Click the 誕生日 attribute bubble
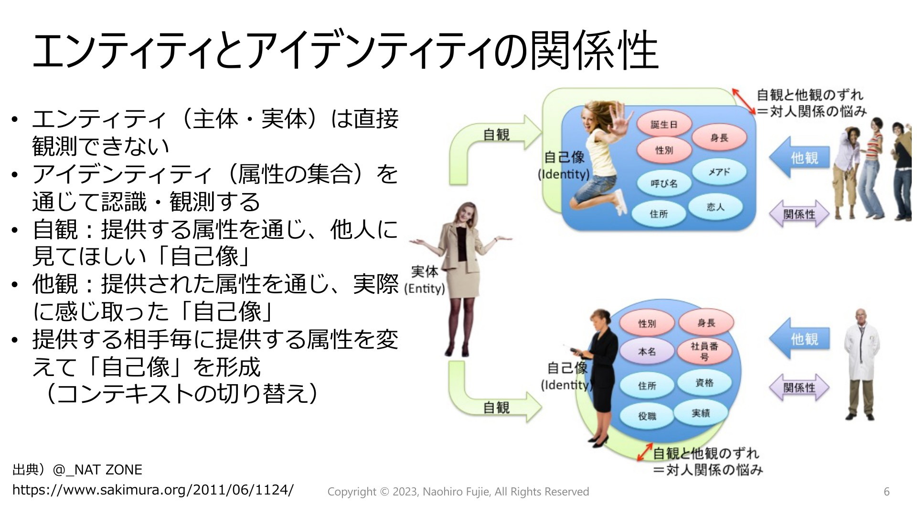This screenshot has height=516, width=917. pyautogui.click(x=664, y=125)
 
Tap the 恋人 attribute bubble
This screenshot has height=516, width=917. pyautogui.click(x=715, y=207)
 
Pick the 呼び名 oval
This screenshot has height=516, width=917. pyautogui.click(x=664, y=183)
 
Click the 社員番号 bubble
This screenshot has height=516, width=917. pyautogui.click(x=704, y=351)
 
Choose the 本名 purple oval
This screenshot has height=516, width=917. pyautogui.click(x=647, y=352)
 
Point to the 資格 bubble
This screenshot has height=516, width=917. pyautogui.click(x=704, y=383)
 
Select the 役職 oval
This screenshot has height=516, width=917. pyautogui.click(x=647, y=416)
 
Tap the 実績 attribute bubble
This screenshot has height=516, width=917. pyautogui.click(x=701, y=413)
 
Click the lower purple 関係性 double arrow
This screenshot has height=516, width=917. pyautogui.click(x=799, y=387)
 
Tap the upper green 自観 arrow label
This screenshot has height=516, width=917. pyautogui.click(x=496, y=135)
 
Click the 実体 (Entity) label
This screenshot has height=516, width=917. pyautogui.click(x=424, y=280)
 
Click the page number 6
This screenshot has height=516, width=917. pyautogui.click(x=886, y=492)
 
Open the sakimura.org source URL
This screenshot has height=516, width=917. pyautogui.click(x=153, y=490)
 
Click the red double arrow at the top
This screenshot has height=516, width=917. pyautogui.click(x=744, y=101)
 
